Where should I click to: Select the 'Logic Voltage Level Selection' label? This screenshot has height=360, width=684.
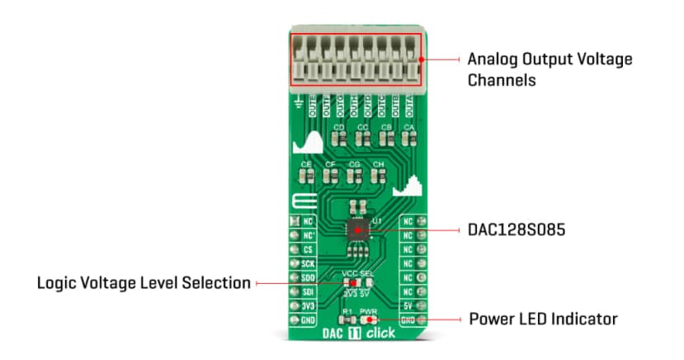pos(144,283)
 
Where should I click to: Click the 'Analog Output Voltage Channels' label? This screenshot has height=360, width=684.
pos(550,70)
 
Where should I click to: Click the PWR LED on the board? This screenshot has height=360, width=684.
pos(369,320)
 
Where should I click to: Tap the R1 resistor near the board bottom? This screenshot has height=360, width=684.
pos(347,320)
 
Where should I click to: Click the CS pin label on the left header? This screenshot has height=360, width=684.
pos(308,249)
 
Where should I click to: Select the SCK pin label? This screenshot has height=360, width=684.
pos(308,263)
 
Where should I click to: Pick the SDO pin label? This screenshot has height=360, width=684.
pos(308,277)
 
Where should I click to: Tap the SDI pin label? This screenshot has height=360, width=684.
pos(308,291)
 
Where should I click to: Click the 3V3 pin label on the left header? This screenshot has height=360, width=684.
pos(308,305)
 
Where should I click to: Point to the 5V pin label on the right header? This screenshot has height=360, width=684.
pos(407,305)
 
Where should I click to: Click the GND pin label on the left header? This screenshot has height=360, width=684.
pos(308,319)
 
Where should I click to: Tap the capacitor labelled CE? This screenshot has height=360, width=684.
pos(307,176)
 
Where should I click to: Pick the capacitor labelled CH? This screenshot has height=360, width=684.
pos(379,176)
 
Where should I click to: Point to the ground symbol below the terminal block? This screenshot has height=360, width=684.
pos(298,102)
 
